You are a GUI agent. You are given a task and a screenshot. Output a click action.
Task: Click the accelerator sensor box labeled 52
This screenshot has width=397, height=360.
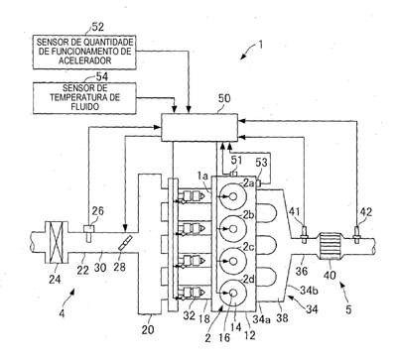(84, 52)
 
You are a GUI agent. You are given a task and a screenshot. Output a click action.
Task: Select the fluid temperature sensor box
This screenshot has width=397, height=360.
(84, 98)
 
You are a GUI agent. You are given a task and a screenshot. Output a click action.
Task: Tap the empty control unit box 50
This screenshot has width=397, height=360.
(199, 127)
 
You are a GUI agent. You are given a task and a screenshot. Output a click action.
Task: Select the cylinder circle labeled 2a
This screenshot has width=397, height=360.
(233, 196)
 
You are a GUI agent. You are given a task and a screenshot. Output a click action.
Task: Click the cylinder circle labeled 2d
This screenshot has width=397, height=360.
(233, 293)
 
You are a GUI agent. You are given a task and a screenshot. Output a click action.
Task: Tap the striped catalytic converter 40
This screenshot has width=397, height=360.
(331, 245)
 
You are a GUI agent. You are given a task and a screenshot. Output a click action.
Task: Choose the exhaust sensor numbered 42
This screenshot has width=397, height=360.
(357, 234)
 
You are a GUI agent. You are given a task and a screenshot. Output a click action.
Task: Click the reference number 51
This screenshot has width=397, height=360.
(236, 161)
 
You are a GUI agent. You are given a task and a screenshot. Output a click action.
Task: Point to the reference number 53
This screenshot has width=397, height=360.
(261, 163)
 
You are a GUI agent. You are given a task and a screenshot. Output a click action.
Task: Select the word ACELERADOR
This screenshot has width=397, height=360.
(84, 60)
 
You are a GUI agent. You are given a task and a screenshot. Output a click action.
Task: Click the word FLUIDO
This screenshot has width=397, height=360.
(85, 107)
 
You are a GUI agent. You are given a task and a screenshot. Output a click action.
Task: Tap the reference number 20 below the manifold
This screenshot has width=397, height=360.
(148, 329)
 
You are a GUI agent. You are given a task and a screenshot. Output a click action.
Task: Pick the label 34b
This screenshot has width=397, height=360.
(309, 290)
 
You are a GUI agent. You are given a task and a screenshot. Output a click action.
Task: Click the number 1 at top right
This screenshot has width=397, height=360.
(260, 45)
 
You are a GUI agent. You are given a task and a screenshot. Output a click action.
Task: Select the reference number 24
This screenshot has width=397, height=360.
(55, 279)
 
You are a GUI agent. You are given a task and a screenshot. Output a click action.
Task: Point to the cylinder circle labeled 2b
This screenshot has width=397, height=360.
(233, 228)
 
